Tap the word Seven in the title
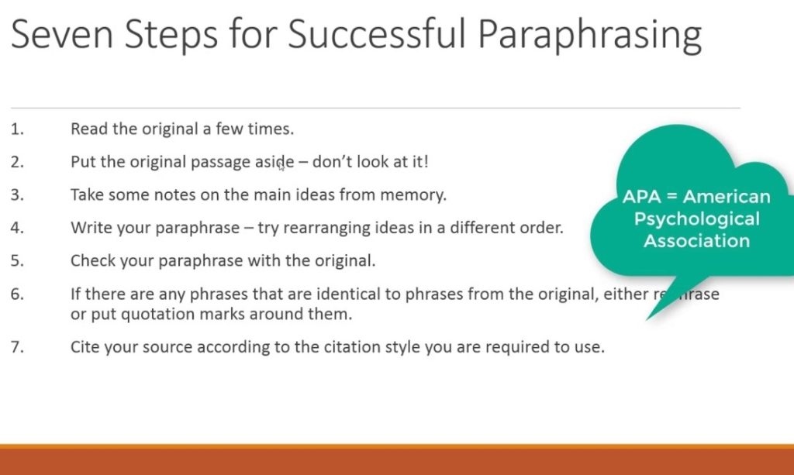pyautogui.click(x=62, y=34)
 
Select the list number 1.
pyautogui.click(x=17, y=129)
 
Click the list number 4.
pyautogui.click(x=17, y=228)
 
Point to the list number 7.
pyautogui.click(x=17, y=347)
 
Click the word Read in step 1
pyautogui.click(x=89, y=129)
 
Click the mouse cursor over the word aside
pyautogui.click(x=281, y=167)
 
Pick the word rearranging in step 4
pyautogui.click(x=326, y=228)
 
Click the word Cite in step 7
pyautogui.click(x=85, y=347)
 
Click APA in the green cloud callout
pyautogui.click(x=641, y=196)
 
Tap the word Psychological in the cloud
pyautogui.click(x=697, y=219)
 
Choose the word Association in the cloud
pyautogui.click(x=697, y=241)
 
